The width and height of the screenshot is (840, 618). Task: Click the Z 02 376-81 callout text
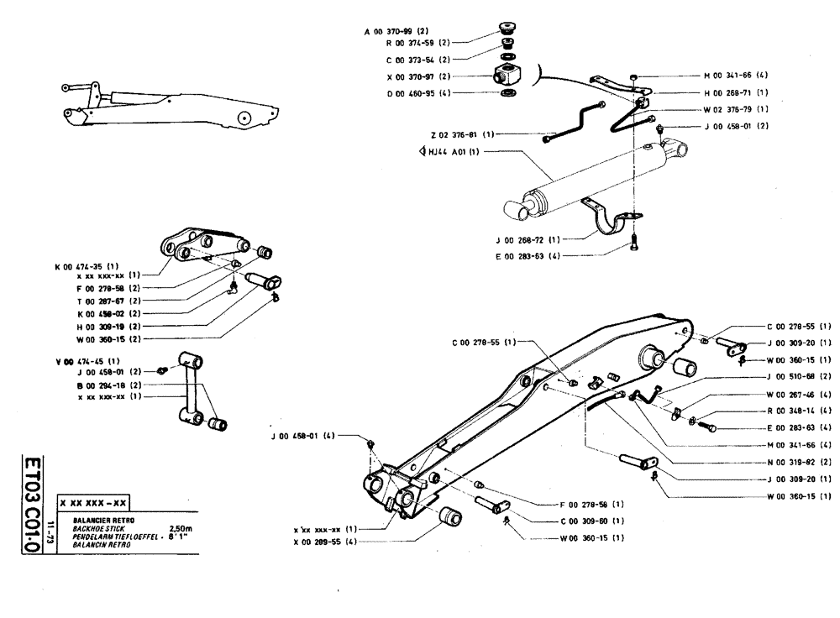pyautogui.click(x=453, y=134)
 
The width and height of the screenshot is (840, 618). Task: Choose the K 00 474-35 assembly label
pyautogui.click(x=84, y=265)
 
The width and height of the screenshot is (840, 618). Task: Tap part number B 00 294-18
pyautogui.click(x=105, y=384)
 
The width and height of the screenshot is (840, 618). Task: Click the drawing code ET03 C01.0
pyautogui.click(x=33, y=503)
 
